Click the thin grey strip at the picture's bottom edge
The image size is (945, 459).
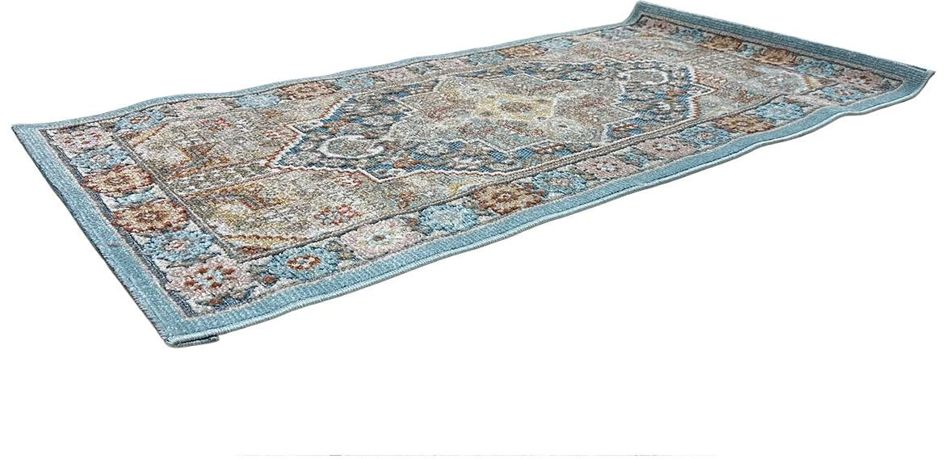477,455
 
